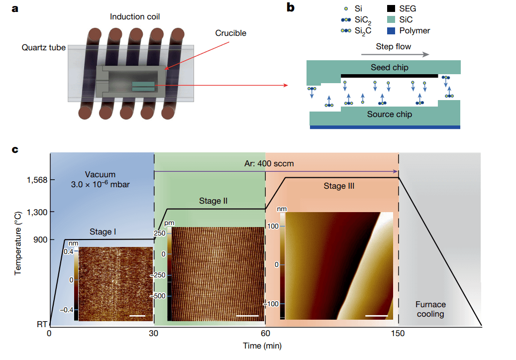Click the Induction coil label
(135, 17)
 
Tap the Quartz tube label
(44, 48)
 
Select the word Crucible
(230, 33)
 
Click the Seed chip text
(389, 67)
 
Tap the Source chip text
(389, 115)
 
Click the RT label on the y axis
(41, 325)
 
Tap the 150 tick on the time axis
(398, 333)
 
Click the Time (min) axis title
(265, 345)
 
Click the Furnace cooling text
(430, 309)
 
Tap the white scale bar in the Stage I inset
(139, 315)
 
